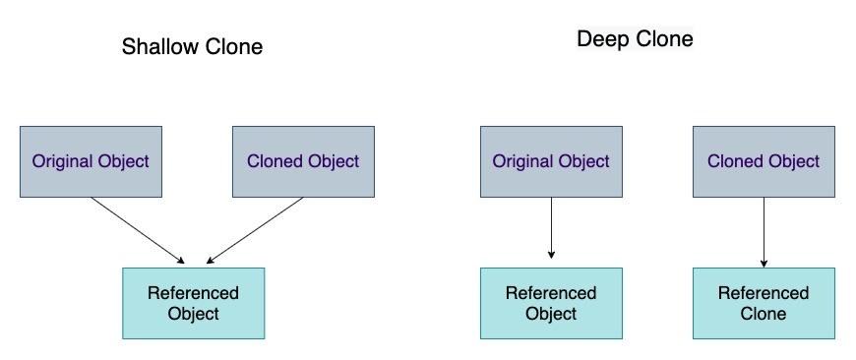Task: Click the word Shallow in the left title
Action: tap(161, 46)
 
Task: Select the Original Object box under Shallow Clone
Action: tap(91, 161)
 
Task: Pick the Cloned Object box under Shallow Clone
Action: tap(303, 161)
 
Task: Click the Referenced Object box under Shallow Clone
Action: tap(193, 303)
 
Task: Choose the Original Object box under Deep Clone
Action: tap(551, 161)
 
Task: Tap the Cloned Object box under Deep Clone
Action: tap(764, 161)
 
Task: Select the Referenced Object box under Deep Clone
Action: tap(551, 303)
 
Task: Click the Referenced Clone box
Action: tap(764, 303)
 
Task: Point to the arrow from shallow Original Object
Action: tap(138, 230)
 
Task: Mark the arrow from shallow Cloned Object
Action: tap(255, 230)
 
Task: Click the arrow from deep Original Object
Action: tap(551, 227)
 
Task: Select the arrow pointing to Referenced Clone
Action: tap(764, 232)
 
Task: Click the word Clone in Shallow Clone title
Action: tap(234, 46)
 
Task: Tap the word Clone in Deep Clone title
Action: tap(664, 39)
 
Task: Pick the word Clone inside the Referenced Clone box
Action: tap(764, 314)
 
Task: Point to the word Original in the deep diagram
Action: tap(522, 161)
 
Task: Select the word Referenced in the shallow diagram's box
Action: tap(193, 293)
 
